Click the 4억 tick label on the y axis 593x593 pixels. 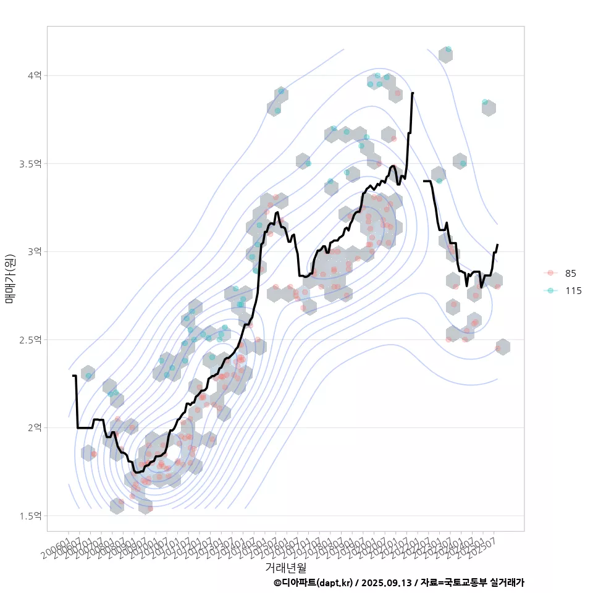pyautogui.click(x=34, y=75)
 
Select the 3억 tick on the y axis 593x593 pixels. pyautogui.click(x=34, y=251)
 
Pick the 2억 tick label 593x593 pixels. pyautogui.click(x=34, y=427)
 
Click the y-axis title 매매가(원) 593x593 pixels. pyautogui.click(x=10, y=278)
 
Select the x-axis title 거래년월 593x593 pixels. pyautogui.click(x=285, y=567)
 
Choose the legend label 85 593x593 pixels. pyautogui.click(x=570, y=273)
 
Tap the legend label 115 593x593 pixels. pyautogui.click(x=573, y=290)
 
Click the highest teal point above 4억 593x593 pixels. pyautogui.click(x=448, y=49)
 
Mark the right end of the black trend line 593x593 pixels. pyautogui.click(x=497, y=245)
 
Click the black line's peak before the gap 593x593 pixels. pyautogui.click(x=412, y=93)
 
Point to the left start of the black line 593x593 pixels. pyautogui.click(x=73, y=376)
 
